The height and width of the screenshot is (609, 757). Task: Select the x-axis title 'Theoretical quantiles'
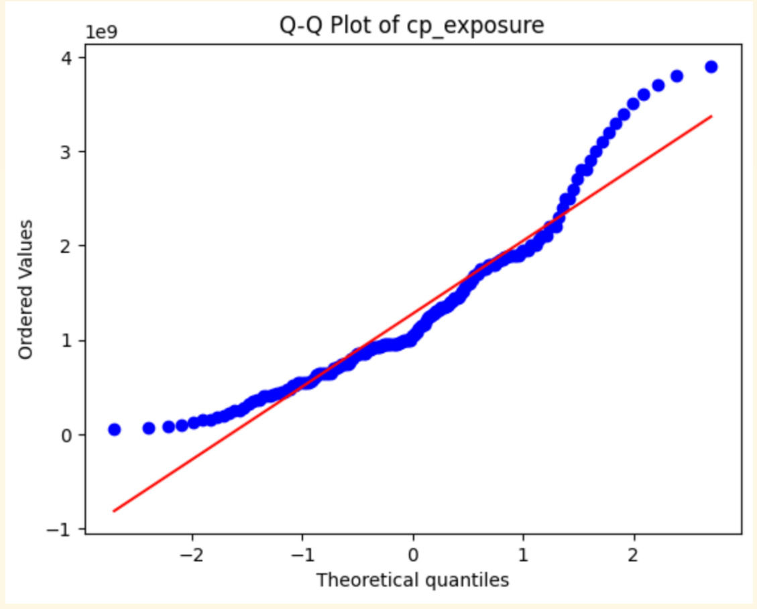(x=412, y=579)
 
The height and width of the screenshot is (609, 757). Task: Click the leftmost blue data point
(x=115, y=429)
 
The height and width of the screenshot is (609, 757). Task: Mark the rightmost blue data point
(x=711, y=66)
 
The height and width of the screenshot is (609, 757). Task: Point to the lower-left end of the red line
(x=114, y=511)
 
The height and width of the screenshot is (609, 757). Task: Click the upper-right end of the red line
(x=711, y=117)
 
